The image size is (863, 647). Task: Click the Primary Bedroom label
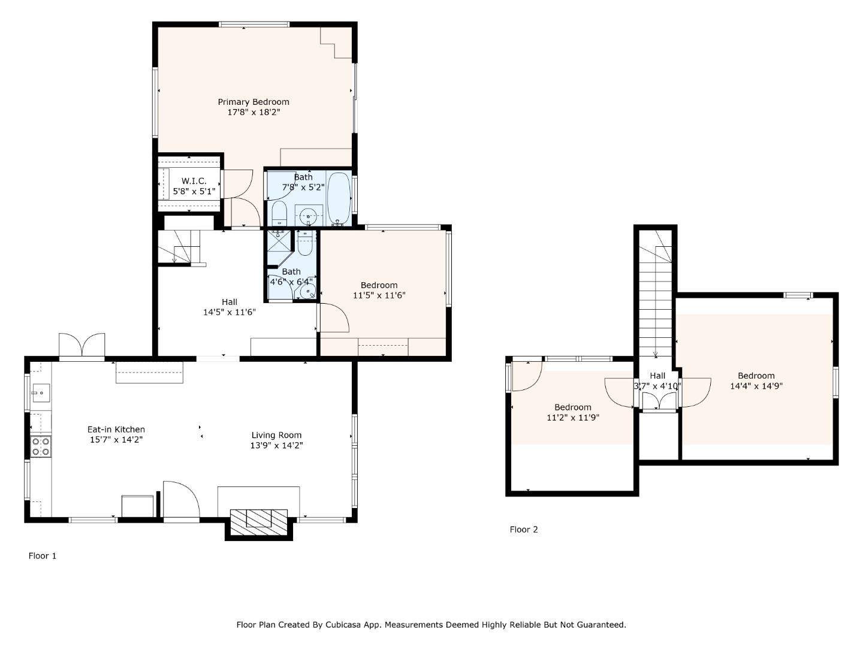(x=253, y=102)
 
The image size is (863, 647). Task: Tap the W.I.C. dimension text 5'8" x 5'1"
(x=194, y=192)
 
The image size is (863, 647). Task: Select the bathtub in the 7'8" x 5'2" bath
(x=339, y=198)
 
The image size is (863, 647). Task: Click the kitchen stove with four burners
(x=41, y=446)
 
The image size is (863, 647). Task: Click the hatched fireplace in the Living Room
(x=259, y=519)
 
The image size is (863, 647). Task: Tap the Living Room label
(x=276, y=435)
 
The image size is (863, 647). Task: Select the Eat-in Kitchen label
(x=116, y=429)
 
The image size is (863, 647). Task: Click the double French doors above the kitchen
(x=82, y=346)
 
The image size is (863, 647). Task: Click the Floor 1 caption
(x=43, y=556)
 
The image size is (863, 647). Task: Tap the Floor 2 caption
(x=524, y=530)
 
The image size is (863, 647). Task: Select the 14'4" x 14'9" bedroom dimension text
(x=756, y=386)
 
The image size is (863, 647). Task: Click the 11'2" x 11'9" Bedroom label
(x=572, y=407)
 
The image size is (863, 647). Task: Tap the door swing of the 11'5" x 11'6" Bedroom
(x=333, y=318)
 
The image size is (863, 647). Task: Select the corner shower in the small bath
(x=278, y=247)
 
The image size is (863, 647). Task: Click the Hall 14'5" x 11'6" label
(x=230, y=302)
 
